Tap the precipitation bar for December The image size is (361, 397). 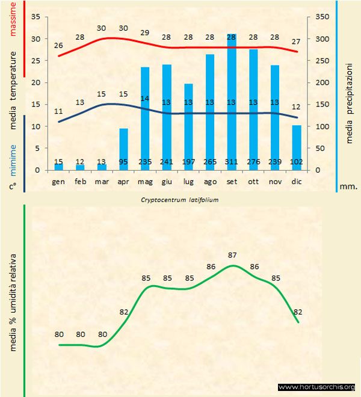tap(297, 144)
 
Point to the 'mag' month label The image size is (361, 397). tap(145, 181)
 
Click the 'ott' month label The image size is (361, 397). tap(253, 181)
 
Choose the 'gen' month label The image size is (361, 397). tap(58, 181)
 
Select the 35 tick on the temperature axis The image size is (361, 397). tap(35, 17)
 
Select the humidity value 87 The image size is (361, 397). tap(232, 255)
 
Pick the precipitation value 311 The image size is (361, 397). tap(232, 162)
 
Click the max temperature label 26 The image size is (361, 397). tap(58, 45)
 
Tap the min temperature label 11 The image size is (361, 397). tap(58, 111)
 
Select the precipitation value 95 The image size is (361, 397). tap(123, 162)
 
